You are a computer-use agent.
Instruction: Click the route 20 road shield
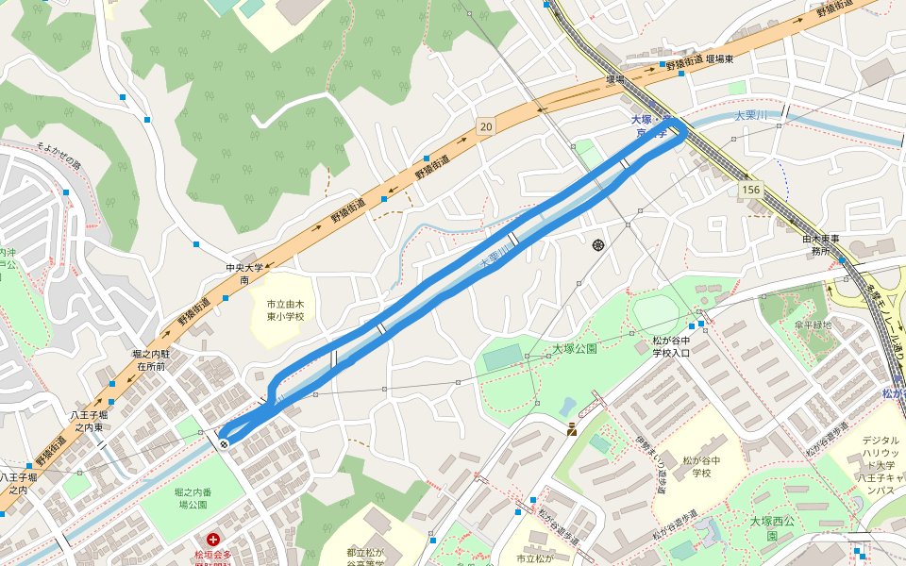click(x=485, y=126)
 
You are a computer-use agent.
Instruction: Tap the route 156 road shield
click(x=750, y=190)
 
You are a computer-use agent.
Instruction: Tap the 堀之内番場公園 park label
click(x=193, y=499)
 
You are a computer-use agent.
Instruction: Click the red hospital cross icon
click(x=214, y=541)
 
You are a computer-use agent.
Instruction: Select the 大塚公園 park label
click(x=575, y=349)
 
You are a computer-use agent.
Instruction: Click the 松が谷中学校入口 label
click(x=672, y=346)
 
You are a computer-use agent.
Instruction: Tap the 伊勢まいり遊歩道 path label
click(x=646, y=462)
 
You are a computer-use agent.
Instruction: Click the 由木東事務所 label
click(x=820, y=245)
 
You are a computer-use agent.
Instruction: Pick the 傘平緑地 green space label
click(x=813, y=325)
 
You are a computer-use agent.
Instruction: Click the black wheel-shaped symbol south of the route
click(x=598, y=246)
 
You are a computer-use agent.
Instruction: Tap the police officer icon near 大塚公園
click(x=572, y=430)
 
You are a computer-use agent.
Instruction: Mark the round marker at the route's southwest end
click(x=224, y=442)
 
